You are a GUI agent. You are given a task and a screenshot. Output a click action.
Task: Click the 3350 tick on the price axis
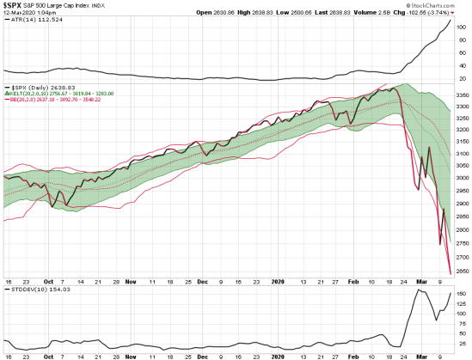point(461,94)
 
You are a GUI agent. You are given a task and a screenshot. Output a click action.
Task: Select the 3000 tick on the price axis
point(461,178)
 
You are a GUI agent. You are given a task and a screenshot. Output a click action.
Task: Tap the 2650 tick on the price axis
point(461,271)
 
